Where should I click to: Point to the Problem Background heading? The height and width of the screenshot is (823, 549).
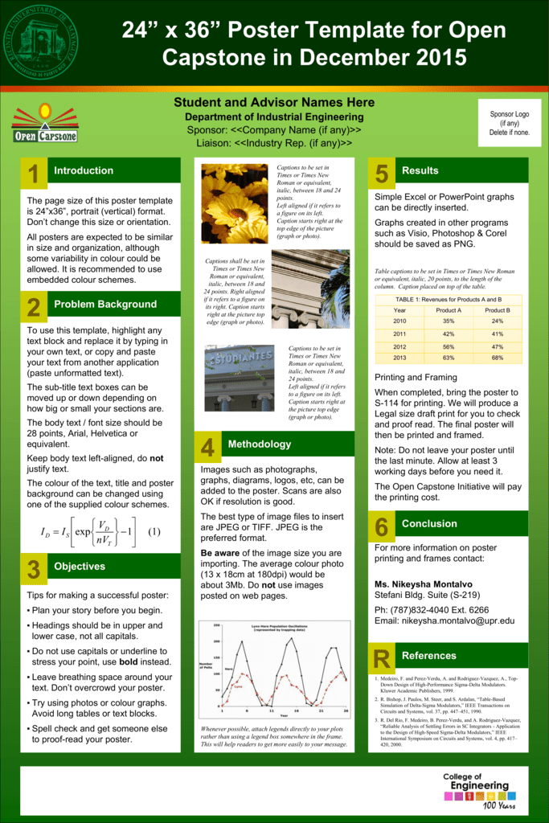coord(105,304)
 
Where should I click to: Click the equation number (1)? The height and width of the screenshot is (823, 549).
coord(154,531)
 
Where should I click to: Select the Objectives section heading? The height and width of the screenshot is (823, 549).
coord(80,566)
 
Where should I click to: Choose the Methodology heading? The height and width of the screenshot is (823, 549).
coord(259,444)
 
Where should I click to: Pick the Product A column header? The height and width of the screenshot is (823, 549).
coord(449,310)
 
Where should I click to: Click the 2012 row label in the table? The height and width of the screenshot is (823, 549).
coord(399,346)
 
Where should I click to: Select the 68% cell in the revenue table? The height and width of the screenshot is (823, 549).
coord(498,358)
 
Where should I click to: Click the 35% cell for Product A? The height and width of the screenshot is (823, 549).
coord(449,321)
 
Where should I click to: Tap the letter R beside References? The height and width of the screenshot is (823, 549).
coord(381,658)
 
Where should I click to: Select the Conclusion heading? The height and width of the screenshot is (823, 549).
coord(429,523)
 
